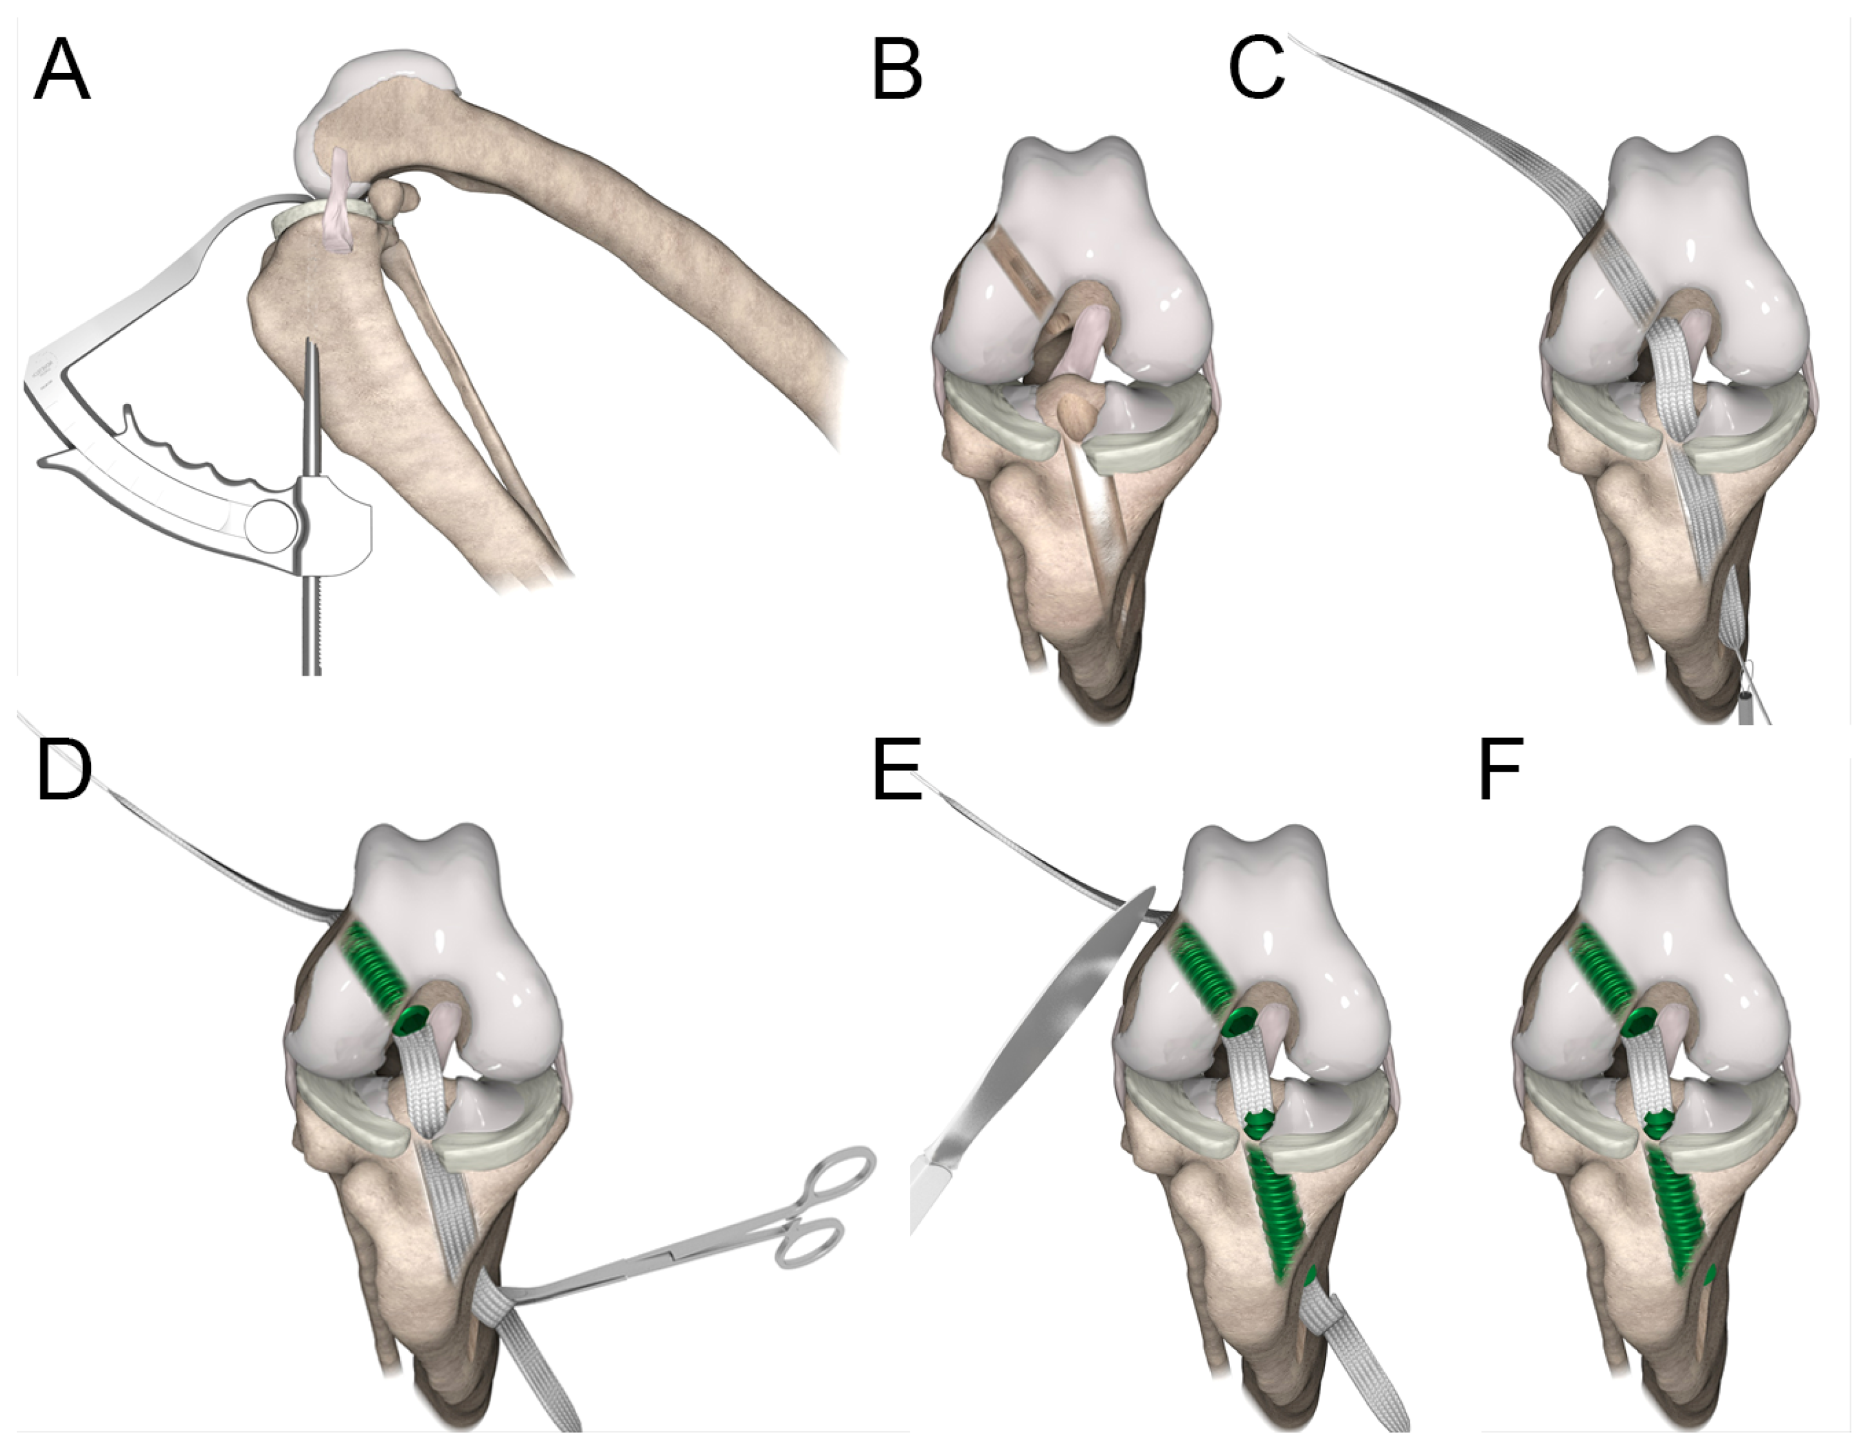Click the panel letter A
62,72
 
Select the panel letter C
1257,72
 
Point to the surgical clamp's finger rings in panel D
823,1208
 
